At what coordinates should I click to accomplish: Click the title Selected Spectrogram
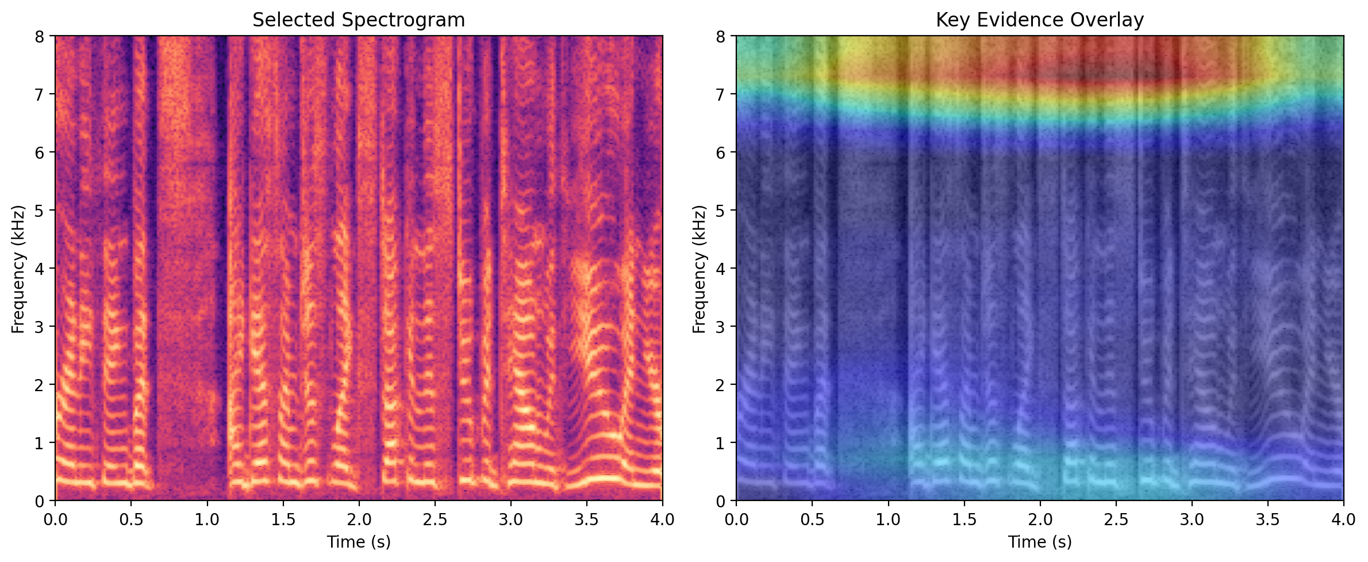pos(359,20)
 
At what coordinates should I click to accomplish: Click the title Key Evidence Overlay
pos(1039,20)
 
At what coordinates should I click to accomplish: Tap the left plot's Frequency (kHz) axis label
pos(18,269)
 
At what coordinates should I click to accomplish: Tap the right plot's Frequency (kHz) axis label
pos(699,269)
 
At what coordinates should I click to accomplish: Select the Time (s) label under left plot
pos(359,542)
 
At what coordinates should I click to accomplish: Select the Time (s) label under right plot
pos(1039,542)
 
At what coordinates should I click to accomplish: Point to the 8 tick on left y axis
pos(39,36)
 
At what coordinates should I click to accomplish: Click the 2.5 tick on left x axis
pos(435,519)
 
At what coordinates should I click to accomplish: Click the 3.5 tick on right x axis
pos(1267,519)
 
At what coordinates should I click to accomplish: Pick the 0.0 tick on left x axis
pos(55,519)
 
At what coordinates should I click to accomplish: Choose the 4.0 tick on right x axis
pos(1343,519)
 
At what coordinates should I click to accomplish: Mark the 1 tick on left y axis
pos(39,443)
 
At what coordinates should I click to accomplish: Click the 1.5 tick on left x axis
pos(283,519)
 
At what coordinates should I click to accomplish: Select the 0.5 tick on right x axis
pos(812,519)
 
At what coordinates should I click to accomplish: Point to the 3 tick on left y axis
pos(39,327)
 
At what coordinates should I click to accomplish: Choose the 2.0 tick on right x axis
pos(1040,519)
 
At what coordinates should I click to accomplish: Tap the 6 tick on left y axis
pos(39,152)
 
